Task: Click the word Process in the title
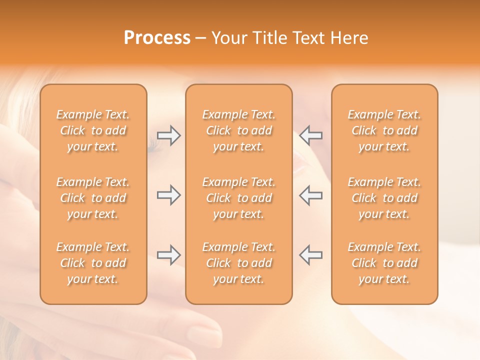point(157,38)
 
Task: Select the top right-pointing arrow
point(169,135)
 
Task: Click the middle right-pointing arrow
point(169,195)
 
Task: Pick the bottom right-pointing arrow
point(169,254)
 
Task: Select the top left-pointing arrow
point(310,135)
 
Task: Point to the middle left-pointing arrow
point(310,195)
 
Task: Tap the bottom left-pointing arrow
point(310,254)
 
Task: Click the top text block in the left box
point(93,130)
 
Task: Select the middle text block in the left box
point(93,198)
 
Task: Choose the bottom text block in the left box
point(93,263)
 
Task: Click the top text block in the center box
point(238,130)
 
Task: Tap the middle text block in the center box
point(238,198)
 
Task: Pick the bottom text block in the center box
point(238,263)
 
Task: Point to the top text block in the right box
point(384,130)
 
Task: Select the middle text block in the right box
point(384,198)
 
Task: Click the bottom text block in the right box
point(384,263)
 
